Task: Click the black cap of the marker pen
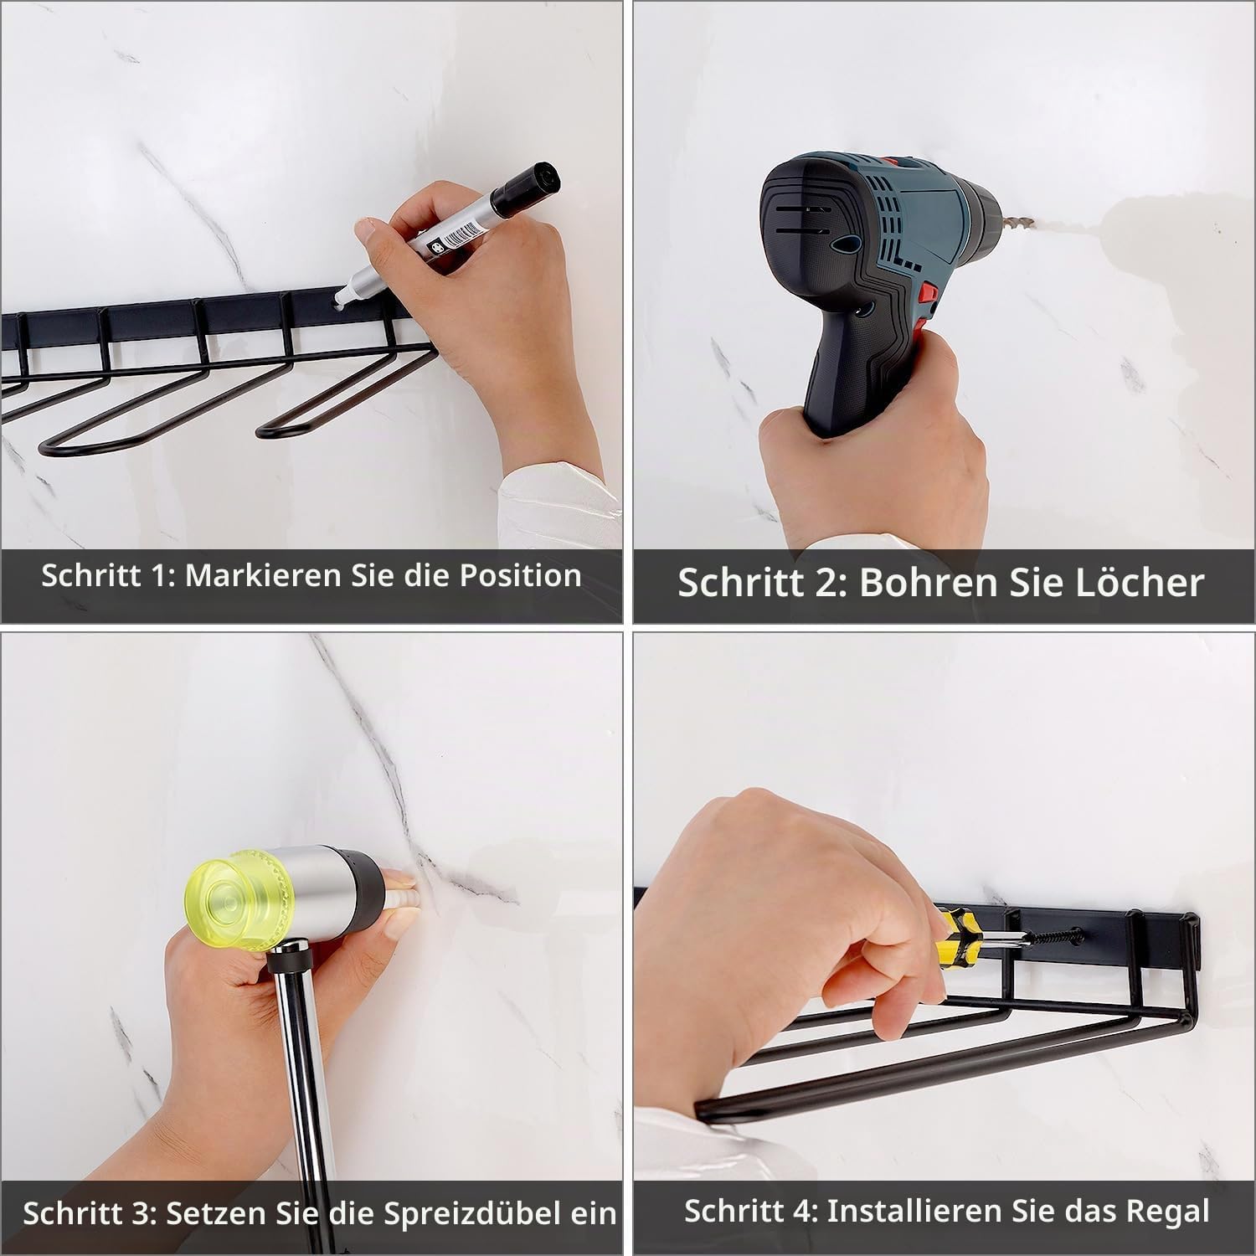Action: coord(526,188)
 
